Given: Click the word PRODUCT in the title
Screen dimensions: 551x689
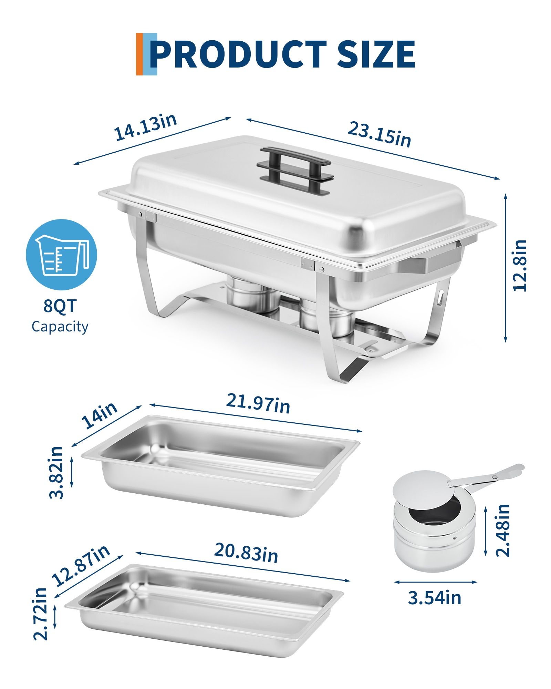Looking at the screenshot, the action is pyautogui.click(x=238, y=54).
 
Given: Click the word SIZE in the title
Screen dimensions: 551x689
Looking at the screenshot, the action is pyautogui.click(x=376, y=54).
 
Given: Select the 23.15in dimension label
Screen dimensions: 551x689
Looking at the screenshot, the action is pyautogui.click(x=380, y=134).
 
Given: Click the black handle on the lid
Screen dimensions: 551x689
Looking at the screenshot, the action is pyautogui.click(x=295, y=171).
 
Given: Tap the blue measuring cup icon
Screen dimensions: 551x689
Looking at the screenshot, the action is pyautogui.click(x=61, y=255).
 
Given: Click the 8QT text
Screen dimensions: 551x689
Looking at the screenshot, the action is pyautogui.click(x=60, y=306).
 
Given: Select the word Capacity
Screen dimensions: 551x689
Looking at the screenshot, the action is pyautogui.click(x=60, y=327).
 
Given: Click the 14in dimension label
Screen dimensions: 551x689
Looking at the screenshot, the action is pyautogui.click(x=99, y=415).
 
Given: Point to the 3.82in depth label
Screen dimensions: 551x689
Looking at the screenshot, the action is pyautogui.click(x=56, y=472).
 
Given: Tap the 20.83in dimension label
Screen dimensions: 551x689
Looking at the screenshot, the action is pyautogui.click(x=246, y=553).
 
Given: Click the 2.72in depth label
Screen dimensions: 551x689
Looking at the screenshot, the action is pyautogui.click(x=40, y=614).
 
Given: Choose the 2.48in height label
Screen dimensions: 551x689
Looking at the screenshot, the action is pyautogui.click(x=502, y=531).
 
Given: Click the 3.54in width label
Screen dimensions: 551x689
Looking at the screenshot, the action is pyautogui.click(x=435, y=598).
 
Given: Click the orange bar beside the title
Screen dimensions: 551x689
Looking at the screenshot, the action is pyautogui.click(x=139, y=54).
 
